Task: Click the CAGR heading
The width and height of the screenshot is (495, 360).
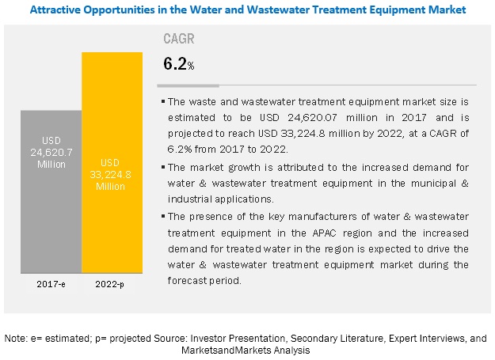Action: point(177,37)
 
